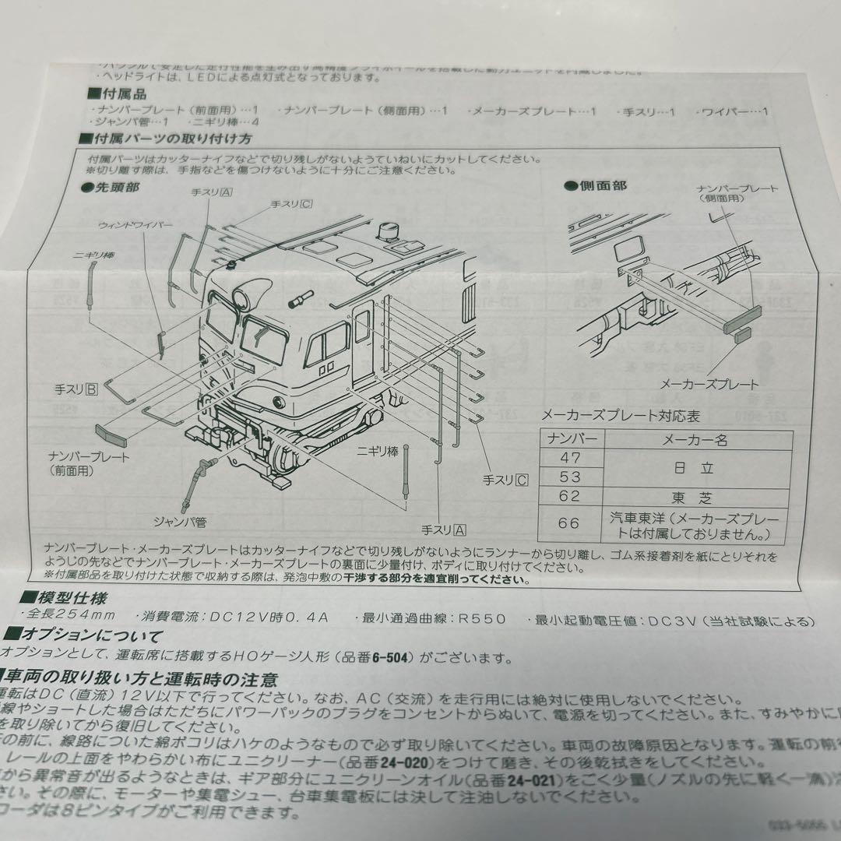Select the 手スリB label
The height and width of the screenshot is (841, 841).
pyautogui.click(x=76, y=389)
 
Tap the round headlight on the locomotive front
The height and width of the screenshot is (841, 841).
pyautogui.click(x=249, y=296)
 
